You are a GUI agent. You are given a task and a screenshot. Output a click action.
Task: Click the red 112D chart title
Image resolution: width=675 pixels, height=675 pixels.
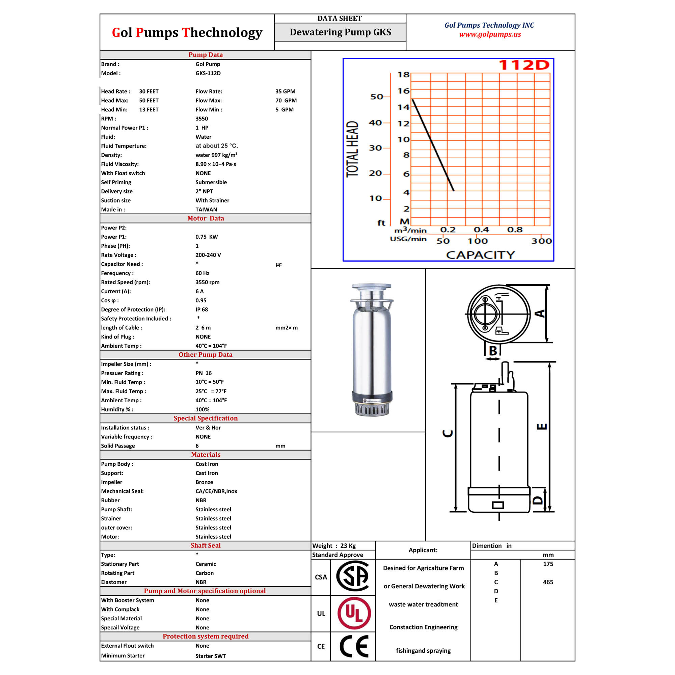[524, 65]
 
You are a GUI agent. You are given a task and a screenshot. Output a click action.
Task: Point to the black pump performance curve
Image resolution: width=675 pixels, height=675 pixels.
[433, 145]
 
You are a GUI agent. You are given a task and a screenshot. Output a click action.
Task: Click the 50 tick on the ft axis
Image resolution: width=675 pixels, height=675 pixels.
[377, 97]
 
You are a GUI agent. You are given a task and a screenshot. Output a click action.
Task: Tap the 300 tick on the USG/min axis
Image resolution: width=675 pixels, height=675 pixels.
[542, 241]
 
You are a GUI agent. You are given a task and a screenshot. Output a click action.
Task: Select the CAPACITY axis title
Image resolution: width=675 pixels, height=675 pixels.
[480, 255]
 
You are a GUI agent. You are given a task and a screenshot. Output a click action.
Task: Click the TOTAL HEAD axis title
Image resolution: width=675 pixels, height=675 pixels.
[352, 149]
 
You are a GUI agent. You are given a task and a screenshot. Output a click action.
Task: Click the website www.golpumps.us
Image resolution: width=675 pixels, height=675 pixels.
[490, 34]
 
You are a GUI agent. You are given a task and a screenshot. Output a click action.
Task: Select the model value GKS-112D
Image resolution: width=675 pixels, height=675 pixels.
[208, 73]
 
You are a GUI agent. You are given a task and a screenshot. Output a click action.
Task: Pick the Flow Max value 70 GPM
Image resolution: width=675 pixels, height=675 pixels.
[286, 100]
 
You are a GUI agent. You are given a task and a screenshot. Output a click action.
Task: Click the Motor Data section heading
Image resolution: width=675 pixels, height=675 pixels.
[206, 218]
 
